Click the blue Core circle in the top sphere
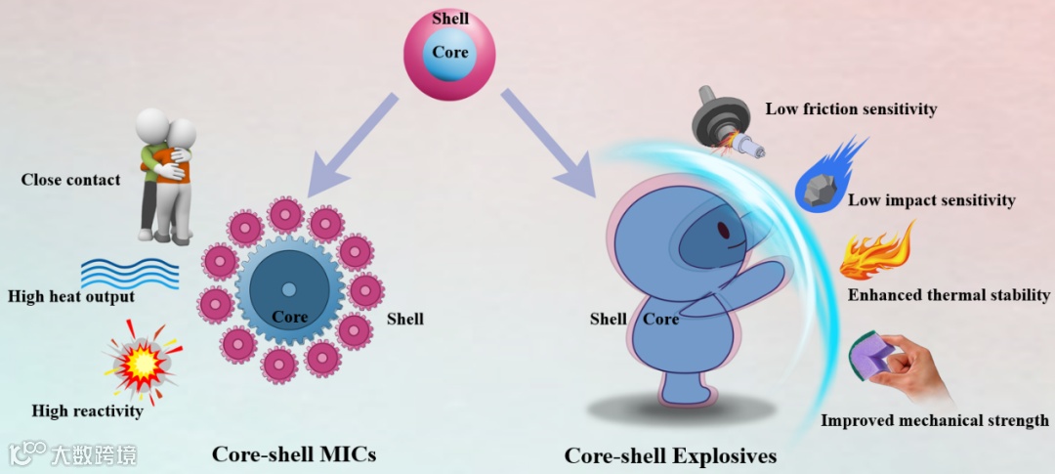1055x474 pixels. point(450,53)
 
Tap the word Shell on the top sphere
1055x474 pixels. point(450,19)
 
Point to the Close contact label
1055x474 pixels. point(71,180)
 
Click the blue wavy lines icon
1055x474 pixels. point(129,271)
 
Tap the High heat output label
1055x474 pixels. point(70,296)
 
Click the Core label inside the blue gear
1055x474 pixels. point(289,317)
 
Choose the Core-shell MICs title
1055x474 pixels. point(294,454)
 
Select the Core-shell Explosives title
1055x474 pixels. point(670,456)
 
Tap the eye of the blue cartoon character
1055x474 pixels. point(723,232)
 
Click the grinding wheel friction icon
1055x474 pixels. point(725,123)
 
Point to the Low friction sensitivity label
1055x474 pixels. point(851,109)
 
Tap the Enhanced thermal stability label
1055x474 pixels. point(949,294)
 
